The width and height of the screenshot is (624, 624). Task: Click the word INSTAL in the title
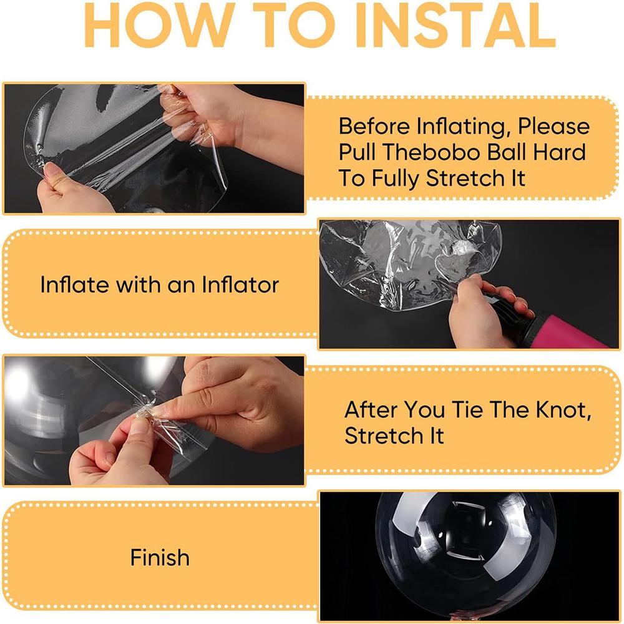click(x=456, y=25)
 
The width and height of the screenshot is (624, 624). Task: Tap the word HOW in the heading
click(x=160, y=25)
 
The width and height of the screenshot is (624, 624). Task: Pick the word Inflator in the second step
click(x=240, y=285)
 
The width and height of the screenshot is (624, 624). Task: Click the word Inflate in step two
click(x=74, y=285)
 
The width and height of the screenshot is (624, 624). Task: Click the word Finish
click(x=160, y=557)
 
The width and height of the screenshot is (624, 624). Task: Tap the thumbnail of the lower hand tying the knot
click(x=139, y=425)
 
